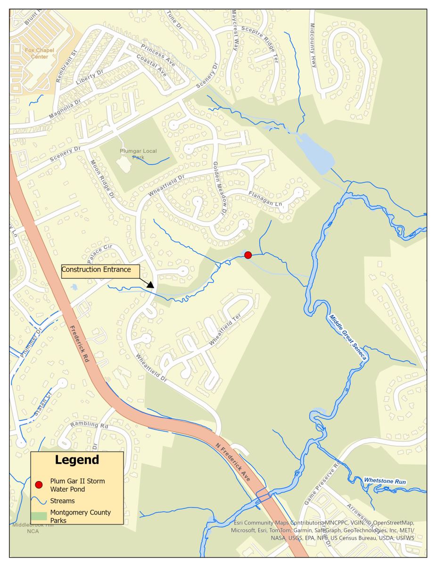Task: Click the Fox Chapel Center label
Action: tap(37, 53)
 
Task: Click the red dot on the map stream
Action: tap(248, 255)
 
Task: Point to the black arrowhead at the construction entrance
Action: tap(150, 285)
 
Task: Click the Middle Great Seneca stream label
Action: tap(347, 338)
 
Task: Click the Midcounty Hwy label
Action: tap(313, 45)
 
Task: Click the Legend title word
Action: tap(77, 460)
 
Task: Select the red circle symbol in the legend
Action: tap(39, 484)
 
